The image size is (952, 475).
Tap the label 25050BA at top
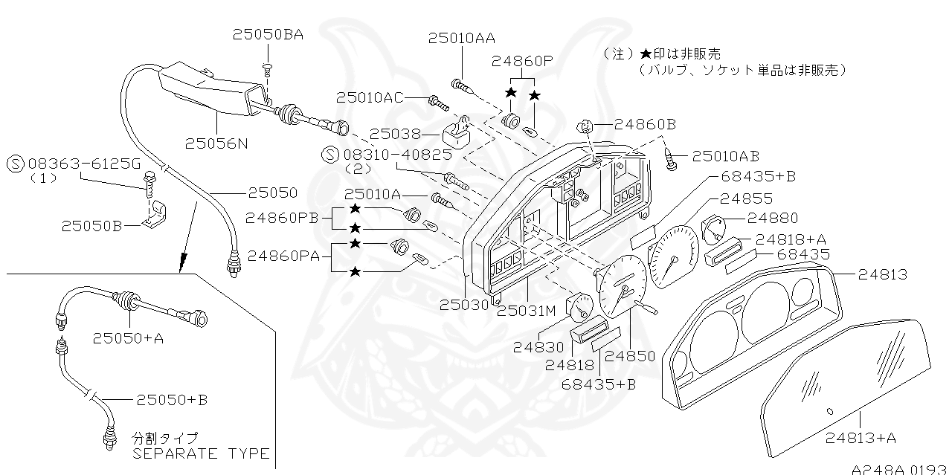pos(267,34)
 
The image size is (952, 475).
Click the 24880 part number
pos(772,218)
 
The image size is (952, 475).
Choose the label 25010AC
pos(370,97)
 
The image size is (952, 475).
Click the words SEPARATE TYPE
pos(201,453)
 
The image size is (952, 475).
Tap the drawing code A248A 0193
pos(901,469)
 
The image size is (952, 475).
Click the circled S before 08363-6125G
pos(14,164)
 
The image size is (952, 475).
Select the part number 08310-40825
pos(397,155)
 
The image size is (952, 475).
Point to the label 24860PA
pos(283,256)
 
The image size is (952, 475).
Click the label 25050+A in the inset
pos(129,337)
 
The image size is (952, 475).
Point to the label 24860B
pos(645,124)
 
